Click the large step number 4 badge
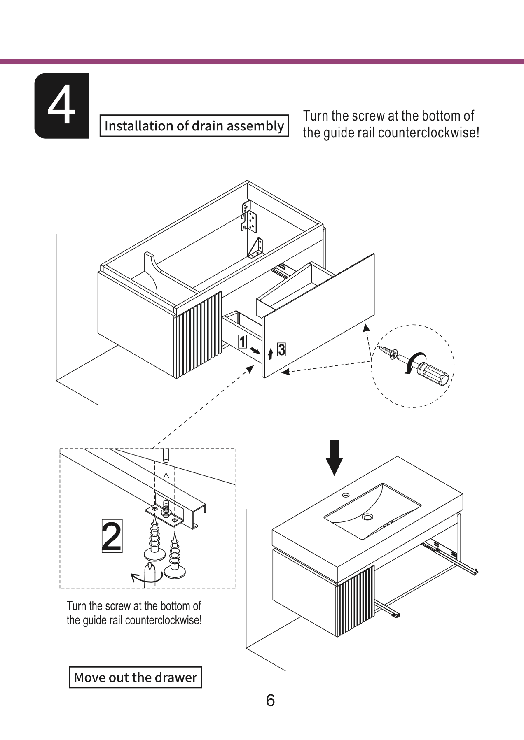62,106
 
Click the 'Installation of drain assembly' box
194,126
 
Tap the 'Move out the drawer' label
135,677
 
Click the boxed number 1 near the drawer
243,341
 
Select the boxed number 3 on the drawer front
281,350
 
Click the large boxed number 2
112,536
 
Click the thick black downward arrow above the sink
334,457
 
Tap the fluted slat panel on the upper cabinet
198,334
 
